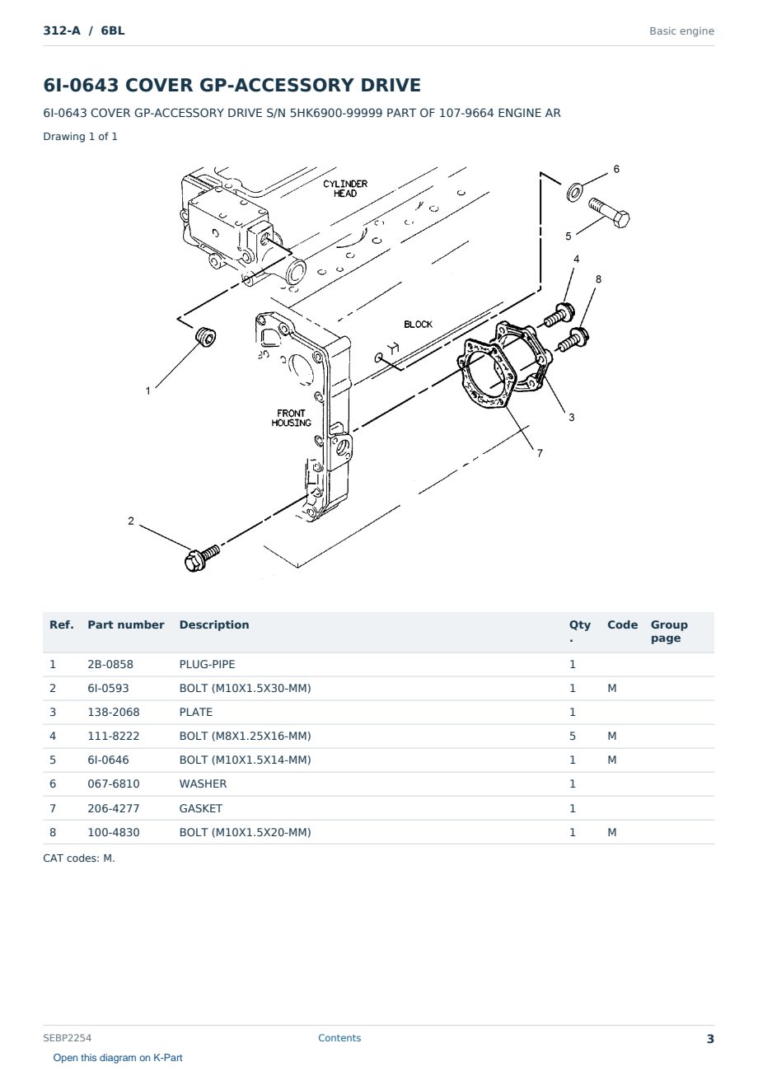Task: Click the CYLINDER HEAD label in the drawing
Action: [344, 189]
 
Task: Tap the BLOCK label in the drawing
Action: [418, 324]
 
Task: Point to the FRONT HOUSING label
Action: [291, 418]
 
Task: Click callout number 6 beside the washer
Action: [616, 169]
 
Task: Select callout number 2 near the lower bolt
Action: [131, 521]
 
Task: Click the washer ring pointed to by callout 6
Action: [574, 192]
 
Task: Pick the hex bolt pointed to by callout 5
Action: [610, 213]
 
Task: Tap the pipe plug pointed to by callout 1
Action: [206, 337]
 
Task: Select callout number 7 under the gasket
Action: [540, 453]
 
